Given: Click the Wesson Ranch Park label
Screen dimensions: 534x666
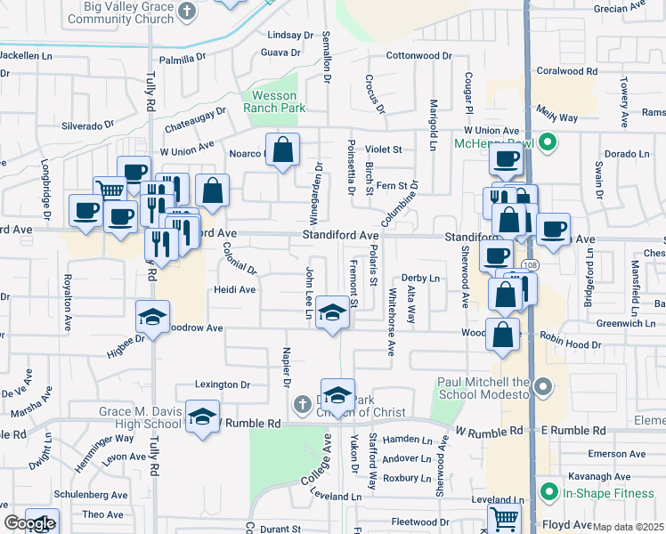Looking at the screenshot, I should coord(275,101).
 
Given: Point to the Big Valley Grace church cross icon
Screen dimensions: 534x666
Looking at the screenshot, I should coord(186,11).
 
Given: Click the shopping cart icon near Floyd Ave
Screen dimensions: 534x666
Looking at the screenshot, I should coord(504,517).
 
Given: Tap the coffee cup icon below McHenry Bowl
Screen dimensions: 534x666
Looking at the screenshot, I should coord(507,160).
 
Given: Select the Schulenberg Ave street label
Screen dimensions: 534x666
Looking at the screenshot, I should coord(92,494).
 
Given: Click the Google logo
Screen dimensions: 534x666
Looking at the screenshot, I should coord(28,523).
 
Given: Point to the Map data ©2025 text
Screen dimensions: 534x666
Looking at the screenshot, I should coord(629,527).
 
